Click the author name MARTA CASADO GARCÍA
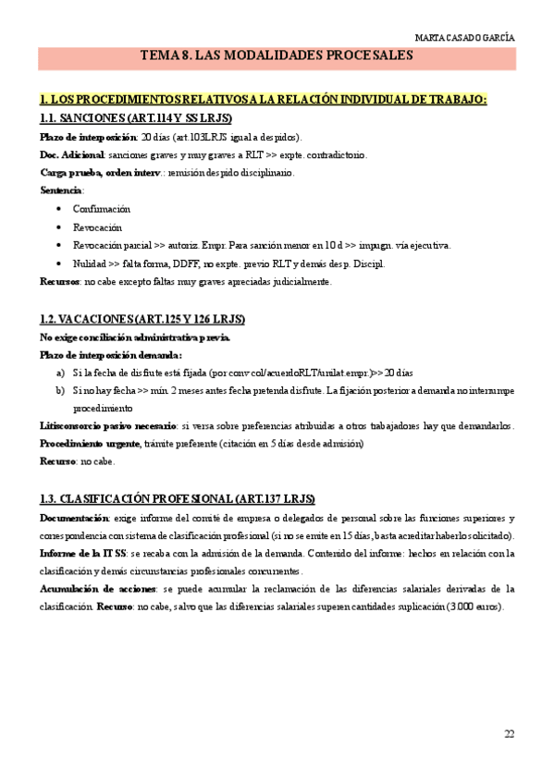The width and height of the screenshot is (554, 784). (465, 38)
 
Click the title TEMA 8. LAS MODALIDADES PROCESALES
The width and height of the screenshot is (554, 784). (276, 56)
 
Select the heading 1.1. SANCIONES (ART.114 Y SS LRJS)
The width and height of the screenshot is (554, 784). (136, 118)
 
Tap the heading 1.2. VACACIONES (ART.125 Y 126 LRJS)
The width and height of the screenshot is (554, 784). (142, 319)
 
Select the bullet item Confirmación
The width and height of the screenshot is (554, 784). (102, 209)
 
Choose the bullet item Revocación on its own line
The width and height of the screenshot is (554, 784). (97, 227)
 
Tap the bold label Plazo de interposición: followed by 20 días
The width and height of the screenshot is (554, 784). (83, 137)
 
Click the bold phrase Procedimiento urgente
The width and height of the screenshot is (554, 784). (90, 444)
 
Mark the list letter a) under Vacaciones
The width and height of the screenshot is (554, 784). (61, 373)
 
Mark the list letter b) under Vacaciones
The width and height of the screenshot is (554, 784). (61, 390)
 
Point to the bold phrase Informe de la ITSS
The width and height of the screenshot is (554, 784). (83, 553)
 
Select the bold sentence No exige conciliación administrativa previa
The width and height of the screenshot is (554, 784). (134, 337)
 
